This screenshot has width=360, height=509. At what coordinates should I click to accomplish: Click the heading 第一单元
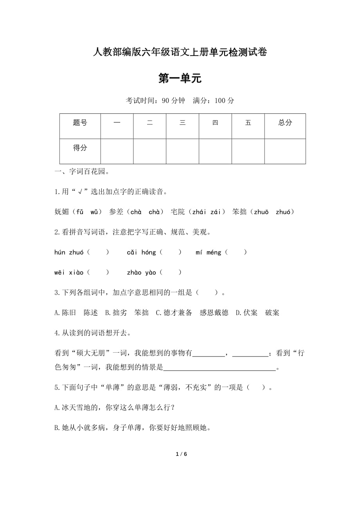point(180,79)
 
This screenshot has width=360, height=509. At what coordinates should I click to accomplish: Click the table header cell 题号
point(80,123)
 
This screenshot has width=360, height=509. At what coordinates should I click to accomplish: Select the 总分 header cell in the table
point(285,123)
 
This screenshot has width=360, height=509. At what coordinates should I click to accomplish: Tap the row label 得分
point(80,148)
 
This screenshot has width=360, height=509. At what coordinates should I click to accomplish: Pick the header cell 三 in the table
point(182,123)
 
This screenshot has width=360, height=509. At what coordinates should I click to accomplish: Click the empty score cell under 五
point(248,151)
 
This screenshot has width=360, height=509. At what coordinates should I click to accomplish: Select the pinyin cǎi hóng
point(141,253)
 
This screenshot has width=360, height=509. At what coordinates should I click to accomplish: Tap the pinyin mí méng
point(208,253)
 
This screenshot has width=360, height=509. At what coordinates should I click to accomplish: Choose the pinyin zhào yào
point(141,272)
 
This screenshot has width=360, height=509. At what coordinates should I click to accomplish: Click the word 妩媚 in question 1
point(62,212)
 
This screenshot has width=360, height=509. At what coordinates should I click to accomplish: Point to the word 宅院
point(178,212)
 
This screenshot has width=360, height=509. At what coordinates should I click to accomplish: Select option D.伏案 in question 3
point(247,313)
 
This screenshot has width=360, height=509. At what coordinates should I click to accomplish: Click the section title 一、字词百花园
point(82,171)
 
